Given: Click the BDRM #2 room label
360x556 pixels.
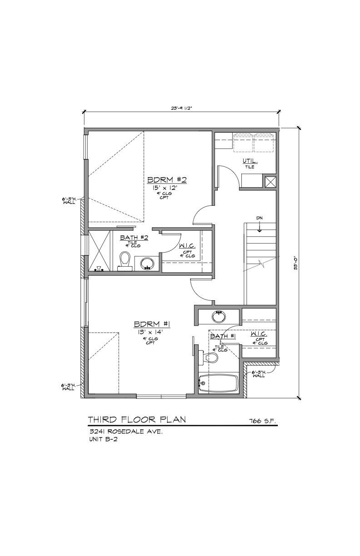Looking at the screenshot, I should (x=167, y=179).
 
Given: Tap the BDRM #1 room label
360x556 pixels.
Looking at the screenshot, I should (x=152, y=324).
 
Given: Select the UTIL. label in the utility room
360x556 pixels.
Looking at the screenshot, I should (x=250, y=161).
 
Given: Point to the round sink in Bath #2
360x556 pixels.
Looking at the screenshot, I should (x=147, y=263).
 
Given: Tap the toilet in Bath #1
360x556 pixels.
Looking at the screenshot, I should (x=210, y=358).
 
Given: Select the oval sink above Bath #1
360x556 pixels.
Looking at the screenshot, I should (x=219, y=316).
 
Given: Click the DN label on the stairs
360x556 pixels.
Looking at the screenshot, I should (x=259, y=218).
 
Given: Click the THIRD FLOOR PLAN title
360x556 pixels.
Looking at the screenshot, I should (x=136, y=419).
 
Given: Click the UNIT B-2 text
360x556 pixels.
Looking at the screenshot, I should (x=103, y=439).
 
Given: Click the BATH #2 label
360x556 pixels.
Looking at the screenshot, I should (x=132, y=238).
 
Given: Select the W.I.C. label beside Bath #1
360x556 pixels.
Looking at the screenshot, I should (x=258, y=334).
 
